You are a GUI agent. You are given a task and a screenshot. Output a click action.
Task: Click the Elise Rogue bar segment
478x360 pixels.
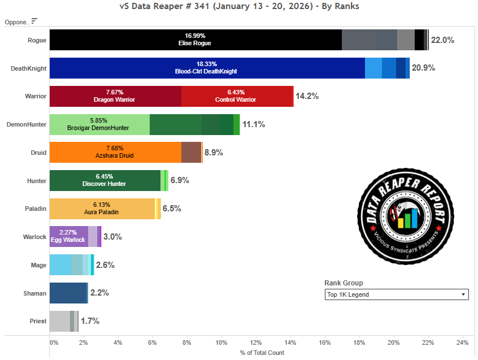click(x=195, y=40)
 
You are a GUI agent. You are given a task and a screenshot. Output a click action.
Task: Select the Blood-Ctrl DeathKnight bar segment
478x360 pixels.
click(x=207, y=68)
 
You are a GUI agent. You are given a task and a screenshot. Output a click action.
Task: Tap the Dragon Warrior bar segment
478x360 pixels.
click(x=115, y=96)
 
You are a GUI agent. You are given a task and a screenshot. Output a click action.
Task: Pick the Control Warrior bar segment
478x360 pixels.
click(x=236, y=96)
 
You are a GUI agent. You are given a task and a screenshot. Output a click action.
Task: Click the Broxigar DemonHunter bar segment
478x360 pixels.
click(x=99, y=124)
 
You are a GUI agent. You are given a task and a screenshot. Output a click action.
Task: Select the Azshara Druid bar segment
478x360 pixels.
click(x=115, y=152)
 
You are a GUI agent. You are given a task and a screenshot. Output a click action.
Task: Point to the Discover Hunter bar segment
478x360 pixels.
click(x=105, y=180)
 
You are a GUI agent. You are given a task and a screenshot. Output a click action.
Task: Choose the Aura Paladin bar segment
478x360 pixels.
click(x=102, y=208)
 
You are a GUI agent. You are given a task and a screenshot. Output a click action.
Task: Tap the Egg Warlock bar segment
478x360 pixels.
click(x=68, y=236)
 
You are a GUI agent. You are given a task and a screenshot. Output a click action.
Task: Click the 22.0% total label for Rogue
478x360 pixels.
click(x=442, y=40)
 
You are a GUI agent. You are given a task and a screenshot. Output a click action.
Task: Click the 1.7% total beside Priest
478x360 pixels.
click(x=90, y=321)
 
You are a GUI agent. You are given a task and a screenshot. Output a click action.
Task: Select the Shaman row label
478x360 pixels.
click(x=36, y=293)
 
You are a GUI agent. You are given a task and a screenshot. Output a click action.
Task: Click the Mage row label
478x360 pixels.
click(x=38, y=264)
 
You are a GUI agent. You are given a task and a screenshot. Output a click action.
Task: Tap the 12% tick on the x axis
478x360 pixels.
click(x=256, y=342)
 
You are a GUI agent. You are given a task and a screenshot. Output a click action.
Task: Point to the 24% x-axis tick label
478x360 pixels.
click(x=462, y=342)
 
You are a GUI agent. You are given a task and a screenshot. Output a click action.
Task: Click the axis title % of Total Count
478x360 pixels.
click(x=262, y=353)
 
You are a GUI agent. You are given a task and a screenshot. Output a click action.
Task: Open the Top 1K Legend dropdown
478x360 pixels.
click(x=397, y=294)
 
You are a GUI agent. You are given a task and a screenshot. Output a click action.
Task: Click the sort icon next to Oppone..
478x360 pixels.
click(x=34, y=21)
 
